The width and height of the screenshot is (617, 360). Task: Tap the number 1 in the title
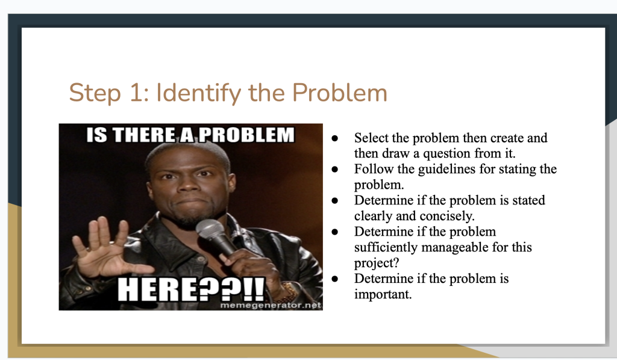click(x=136, y=93)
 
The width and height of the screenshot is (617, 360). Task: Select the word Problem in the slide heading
click(x=340, y=93)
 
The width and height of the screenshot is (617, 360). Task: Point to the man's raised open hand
click(x=106, y=248)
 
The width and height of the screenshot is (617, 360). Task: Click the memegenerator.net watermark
click(x=271, y=305)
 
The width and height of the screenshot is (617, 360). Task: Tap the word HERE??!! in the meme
click(x=191, y=289)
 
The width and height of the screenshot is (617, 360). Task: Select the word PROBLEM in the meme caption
click(x=246, y=134)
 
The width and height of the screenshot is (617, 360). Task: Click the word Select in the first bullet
click(x=371, y=138)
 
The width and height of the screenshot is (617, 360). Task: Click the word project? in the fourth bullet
click(x=377, y=263)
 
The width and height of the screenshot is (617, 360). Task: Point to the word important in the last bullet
click(x=383, y=294)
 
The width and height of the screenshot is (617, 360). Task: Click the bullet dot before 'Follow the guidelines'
click(x=335, y=169)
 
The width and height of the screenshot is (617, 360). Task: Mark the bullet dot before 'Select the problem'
click(x=335, y=138)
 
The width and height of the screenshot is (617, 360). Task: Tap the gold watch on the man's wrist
click(x=289, y=291)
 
